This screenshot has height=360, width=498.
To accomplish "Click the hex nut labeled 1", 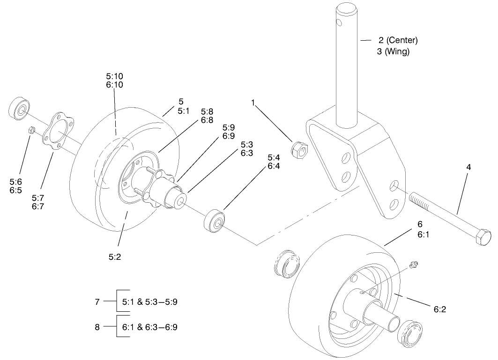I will point(299,150).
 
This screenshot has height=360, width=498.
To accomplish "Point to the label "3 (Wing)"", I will point(393,51).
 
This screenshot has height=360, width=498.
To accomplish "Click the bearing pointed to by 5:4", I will point(215,220).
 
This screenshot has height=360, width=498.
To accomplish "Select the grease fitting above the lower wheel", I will point(413,265).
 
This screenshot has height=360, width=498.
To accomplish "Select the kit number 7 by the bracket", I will point(97,302).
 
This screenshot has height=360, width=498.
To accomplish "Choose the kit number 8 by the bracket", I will point(97,327).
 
